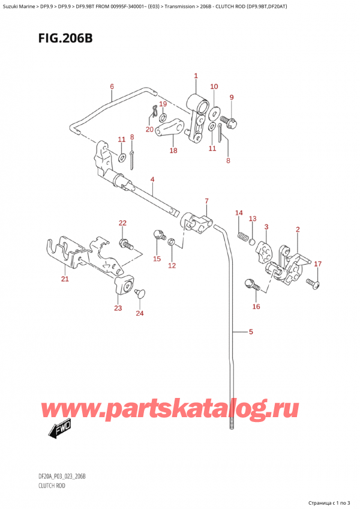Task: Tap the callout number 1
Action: pyautogui.click(x=196, y=76)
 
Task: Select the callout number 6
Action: pyautogui.click(x=112, y=86)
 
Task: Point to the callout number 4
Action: pyautogui.click(x=152, y=179)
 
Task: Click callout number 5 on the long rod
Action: pyautogui.click(x=251, y=331)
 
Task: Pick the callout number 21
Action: pyautogui.click(x=64, y=279)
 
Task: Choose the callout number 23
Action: pyautogui.click(x=118, y=308)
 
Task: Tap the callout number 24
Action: pyautogui.click(x=140, y=313)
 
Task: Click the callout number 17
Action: pyautogui.click(x=318, y=264)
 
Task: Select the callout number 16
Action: pyautogui.click(x=256, y=307)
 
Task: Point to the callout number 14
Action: pyautogui.click(x=239, y=212)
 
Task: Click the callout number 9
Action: pyautogui.click(x=232, y=97)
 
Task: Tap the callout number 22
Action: pyautogui.click(x=122, y=223)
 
